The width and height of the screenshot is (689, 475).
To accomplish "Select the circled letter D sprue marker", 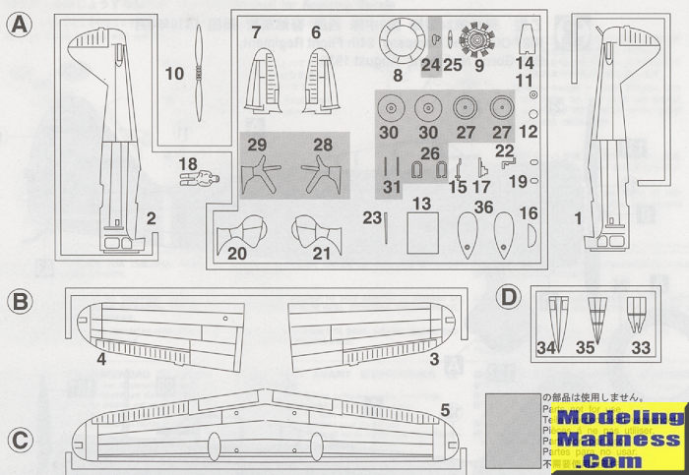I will pyautogui.click(x=508, y=297).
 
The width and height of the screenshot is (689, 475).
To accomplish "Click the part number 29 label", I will pyautogui.click(x=258, y=145).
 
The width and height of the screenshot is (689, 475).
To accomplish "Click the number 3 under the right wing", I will pyautogui.click(x=433, y=360).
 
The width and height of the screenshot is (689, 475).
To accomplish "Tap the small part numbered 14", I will pyautogui.click(x=525, y=41).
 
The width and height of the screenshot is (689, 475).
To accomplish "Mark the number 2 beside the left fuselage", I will pyautogui.click(x=152, y=218).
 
